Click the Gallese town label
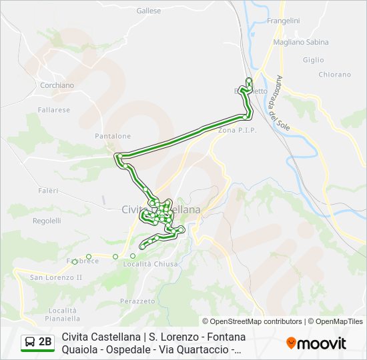[x=149, y=11]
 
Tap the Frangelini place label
[x=283, y=21]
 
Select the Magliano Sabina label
[x=301, y=42]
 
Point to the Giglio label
[x=313, y=59]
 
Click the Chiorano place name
[x=334, y=75]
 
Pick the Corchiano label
[x=57, y=85]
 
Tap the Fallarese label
[x=54, y=110]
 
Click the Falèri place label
[x=48, y=191]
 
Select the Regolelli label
[x=47, y=221]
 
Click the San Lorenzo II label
[x=55, y=277]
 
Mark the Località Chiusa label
[x=151, y=264]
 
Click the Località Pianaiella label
[x=63, y=315]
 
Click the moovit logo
[x=316, y=343]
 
